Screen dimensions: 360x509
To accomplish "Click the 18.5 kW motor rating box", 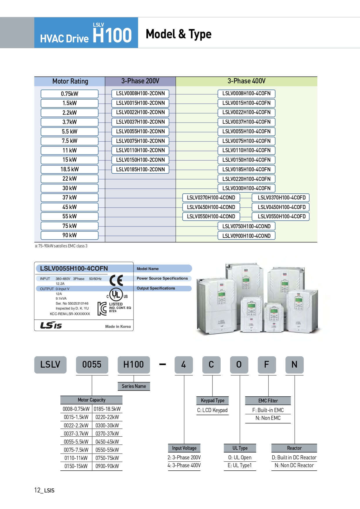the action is (x=70, y=169).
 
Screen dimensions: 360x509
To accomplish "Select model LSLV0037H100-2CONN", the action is (x=140, y=122).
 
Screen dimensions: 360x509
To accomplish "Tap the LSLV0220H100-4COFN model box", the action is (x=246, y=179).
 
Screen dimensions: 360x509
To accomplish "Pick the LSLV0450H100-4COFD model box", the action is (x=282, y=207).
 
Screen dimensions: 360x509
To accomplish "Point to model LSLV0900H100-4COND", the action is (x=246, y=236).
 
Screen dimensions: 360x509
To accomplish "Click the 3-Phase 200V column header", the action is (x=140, y=81).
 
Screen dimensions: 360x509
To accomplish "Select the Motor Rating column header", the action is (x=70, y=81).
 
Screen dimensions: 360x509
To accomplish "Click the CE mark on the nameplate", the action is (x=116, y=280).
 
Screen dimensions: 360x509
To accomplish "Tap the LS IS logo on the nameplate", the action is (x=51, y=325).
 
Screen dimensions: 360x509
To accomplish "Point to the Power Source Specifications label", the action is (x=162, y=278).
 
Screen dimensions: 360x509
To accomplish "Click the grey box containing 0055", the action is (x=92, y=365).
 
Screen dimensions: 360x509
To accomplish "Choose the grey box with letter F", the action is (x=267, y=365).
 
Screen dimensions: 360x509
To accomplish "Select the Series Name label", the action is (x=134, y=386).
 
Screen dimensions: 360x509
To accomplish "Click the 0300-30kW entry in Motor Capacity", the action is (x=107, y=425).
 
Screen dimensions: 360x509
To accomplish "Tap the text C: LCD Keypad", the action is (x=212, y=410).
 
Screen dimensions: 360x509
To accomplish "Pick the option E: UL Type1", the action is (x=240, y=465).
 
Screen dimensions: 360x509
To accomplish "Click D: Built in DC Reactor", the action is (x=294, y=457).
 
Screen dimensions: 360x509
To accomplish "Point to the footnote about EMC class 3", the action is (x=61, y=246).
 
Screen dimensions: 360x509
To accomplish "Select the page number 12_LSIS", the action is (x=44, y=490).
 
